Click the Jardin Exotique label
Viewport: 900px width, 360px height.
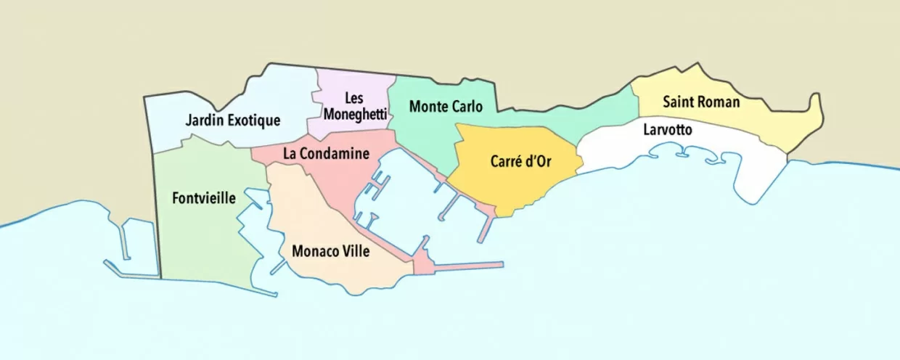pyautogui.click(x=232, y=120)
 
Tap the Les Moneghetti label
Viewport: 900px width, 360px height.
pyautogui.click(x=354, y=106)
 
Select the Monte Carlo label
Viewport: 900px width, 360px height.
pyautogui.click(x=446, y=107)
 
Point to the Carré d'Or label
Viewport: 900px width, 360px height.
pyautogui.click(x=520, y=161)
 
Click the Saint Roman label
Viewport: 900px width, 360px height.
pyautogui.click(x=701, y=102)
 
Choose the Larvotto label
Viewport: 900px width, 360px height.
pyautogui.click(x=668, y=130)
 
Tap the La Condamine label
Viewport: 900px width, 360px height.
pyautogui.click(x=327, y=154)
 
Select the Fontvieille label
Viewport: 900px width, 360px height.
pyautogui.click(x=204, y=197)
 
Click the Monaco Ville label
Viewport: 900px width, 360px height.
pyautogui.click(x=330, y=251)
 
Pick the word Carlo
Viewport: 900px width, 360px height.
pyautogui.click(x=467, y=107)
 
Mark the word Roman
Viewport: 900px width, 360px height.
pyautogui.click(x=719, y=102)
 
